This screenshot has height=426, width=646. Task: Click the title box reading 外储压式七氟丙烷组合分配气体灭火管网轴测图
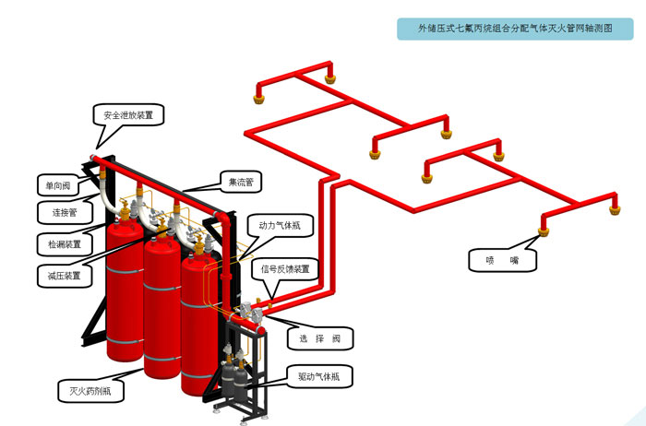coord(516,29)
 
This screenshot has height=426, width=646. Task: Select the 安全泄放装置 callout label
coord(134,116)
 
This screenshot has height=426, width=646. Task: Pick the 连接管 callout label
coord(57,213)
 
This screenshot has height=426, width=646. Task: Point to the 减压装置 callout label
coord(57,276)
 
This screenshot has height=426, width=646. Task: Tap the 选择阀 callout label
coord(320,339)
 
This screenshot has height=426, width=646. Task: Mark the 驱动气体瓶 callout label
coord(318,376)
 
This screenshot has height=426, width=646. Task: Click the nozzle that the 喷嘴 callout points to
coord(544,225)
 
